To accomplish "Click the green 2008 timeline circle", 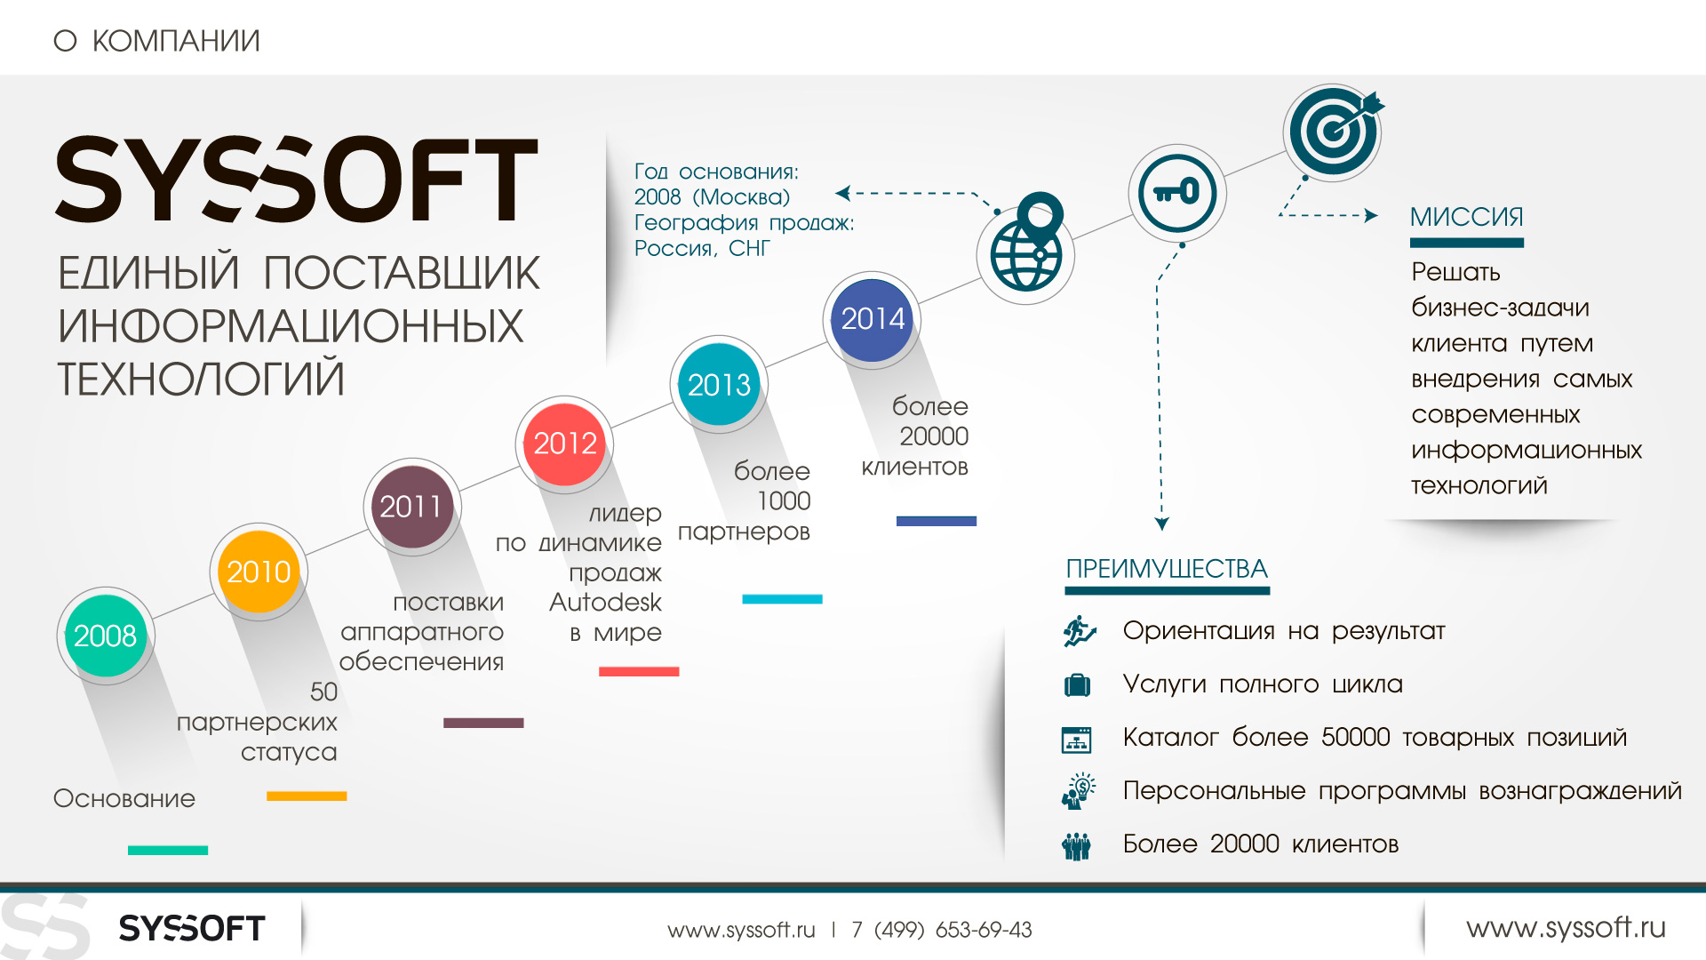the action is click(x=106, y=636).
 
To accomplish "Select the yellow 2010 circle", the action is click(x=259, y=572).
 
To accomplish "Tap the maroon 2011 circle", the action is click(x=411, y=507).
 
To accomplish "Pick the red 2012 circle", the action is click(x=564, y=444).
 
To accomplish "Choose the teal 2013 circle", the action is click(x=719, y=385).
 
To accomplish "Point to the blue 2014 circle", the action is click(x=872, y=319).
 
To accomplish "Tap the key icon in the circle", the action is click(x=1177, y=193).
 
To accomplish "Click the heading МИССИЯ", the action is click(x=1467, y=217).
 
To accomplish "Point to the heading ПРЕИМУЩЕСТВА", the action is click(x=1167, y=569).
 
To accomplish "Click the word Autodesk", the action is click(x=605, y=602).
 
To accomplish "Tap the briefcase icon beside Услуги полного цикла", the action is click(x=1077, y=684).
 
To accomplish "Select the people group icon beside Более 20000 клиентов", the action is click(x=1077, y=845).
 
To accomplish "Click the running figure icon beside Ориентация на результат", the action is click(x=1080, y=631).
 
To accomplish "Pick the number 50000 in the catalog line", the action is click(x=1356, y=737).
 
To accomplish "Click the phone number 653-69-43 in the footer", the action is click(x=984, y=930).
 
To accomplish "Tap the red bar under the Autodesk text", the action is click(x=639, y=671).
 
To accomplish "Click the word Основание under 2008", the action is click(x=124, y=798).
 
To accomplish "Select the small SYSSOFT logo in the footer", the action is click(x=192, y=928).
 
